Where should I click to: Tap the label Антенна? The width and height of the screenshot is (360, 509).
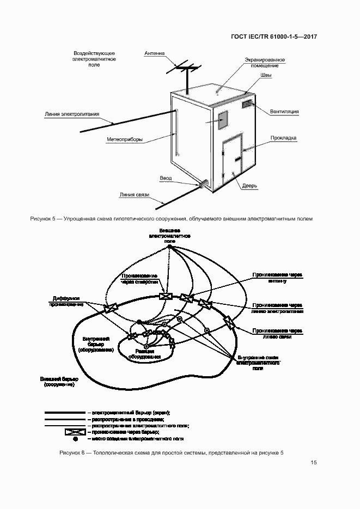tap(154, 53)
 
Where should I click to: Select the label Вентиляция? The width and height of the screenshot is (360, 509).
tap(284, 112)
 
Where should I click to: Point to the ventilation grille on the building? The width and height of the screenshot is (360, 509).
tap(247, 102)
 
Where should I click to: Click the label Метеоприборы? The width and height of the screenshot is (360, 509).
tap(125, 139)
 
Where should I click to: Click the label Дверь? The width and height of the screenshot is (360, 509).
tap(249, 185)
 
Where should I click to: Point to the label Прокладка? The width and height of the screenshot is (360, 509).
tap(283, 138)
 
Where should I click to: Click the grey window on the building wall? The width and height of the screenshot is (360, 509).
tap(223, 120)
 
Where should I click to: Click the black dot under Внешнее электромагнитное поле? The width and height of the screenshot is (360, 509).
tap(169, 247)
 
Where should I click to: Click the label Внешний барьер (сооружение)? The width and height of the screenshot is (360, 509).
tap(59, 381)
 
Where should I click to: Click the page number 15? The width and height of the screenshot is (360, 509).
tap(314, 463)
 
